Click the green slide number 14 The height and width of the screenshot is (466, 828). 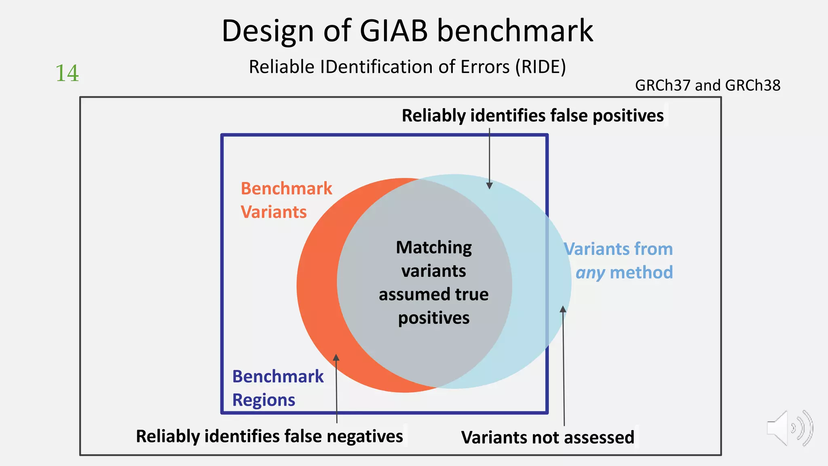(x=67, y=73)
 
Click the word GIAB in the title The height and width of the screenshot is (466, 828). (x=393, y=31)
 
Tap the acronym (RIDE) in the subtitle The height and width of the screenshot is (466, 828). (x=541, y=67)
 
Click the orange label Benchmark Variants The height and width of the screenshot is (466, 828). (x=286, y=200)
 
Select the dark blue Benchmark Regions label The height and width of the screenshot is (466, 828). (x=277, y=388)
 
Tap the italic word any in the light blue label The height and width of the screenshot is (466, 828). (x=590, y=273)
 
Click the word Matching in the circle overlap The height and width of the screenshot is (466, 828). (x=433, y=247)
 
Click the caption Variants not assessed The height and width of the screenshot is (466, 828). (x=547, y=437)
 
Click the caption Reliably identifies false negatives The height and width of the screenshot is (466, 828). (x=269, y=436)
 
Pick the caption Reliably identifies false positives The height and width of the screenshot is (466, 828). (x=532, y=116)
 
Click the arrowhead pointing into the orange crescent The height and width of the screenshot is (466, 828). (x=336, y=357)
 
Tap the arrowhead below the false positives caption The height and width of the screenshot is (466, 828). (x=489, y=186)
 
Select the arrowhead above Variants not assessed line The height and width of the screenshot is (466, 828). (x=562, y=309)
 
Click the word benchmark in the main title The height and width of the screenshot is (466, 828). (x=515, y=31)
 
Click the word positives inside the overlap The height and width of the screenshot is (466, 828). (x=434, y=318)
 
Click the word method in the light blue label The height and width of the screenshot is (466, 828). (x=641, y=273)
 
